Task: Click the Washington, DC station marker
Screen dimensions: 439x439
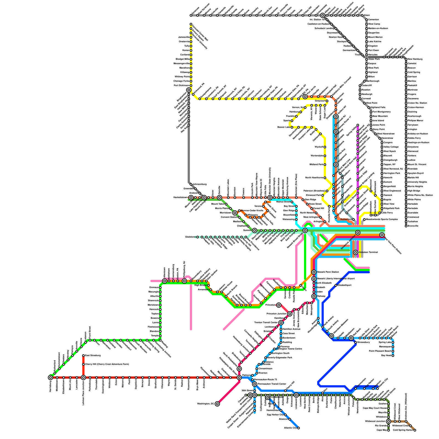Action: pos(217,404)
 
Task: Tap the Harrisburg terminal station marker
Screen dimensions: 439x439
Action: pos(50,378)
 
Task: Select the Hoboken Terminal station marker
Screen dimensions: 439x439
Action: pos(356,252)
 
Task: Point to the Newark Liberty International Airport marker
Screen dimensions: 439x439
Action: pos(314,279)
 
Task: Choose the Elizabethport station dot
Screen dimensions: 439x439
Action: pos(336,285)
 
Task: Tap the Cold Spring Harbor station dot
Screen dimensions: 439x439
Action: pos(415,430)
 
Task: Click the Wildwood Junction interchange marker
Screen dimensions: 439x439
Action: pos(388,421)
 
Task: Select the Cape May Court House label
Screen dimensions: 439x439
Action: pos(375,408)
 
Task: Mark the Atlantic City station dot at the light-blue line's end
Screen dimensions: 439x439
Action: pos(299,428)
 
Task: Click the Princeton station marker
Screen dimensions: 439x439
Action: pos(279,305)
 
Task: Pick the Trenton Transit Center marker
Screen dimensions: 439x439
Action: pos(281,323)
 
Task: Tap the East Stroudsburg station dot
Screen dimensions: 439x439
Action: pos(83,356)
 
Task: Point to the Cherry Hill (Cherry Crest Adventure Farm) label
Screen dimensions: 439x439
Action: pos(103,364)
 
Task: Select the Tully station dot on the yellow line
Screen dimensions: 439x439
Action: pos(191,46)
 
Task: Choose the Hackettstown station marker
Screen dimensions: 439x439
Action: pos(191,198)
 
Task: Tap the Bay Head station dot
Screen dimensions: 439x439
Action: pos(393,356)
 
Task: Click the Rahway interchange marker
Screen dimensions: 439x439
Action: pos(314,296)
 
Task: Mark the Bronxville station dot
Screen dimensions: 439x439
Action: pos(406,226)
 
